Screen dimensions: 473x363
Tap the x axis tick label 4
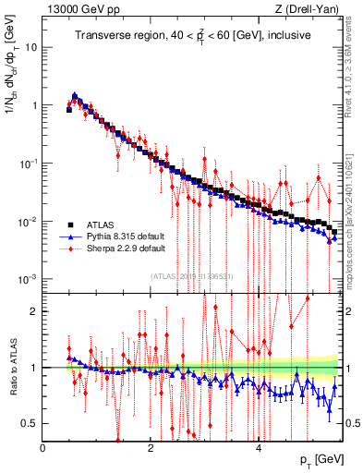coord(258,448)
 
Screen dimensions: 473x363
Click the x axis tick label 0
coord(42,448)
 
